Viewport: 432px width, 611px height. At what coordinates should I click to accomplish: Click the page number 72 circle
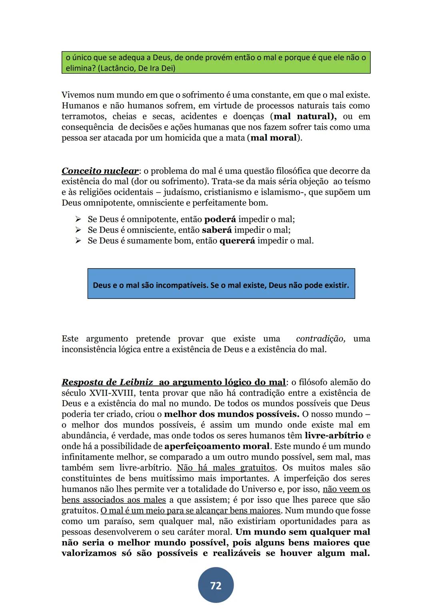click(x=216, y=585)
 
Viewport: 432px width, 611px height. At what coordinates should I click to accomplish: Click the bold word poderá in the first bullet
click(x=220, y=219)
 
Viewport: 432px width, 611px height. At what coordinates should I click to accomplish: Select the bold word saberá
click(x=217, y=230)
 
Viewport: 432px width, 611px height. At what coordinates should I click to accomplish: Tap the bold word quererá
click(x=237, y=241)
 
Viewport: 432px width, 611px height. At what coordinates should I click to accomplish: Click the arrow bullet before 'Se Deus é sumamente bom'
click(x=78, y=241)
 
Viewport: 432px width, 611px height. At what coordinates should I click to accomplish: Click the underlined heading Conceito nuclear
click(x=100, y=171)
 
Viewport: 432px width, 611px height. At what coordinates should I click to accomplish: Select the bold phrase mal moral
click(x=274, y=138)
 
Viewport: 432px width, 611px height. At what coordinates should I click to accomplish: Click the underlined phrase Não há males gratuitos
click(x=226, y=468)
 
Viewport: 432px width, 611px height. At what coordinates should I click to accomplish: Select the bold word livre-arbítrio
click(x=334, y=435)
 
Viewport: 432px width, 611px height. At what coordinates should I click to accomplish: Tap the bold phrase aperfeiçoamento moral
click(x=217, y=446)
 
